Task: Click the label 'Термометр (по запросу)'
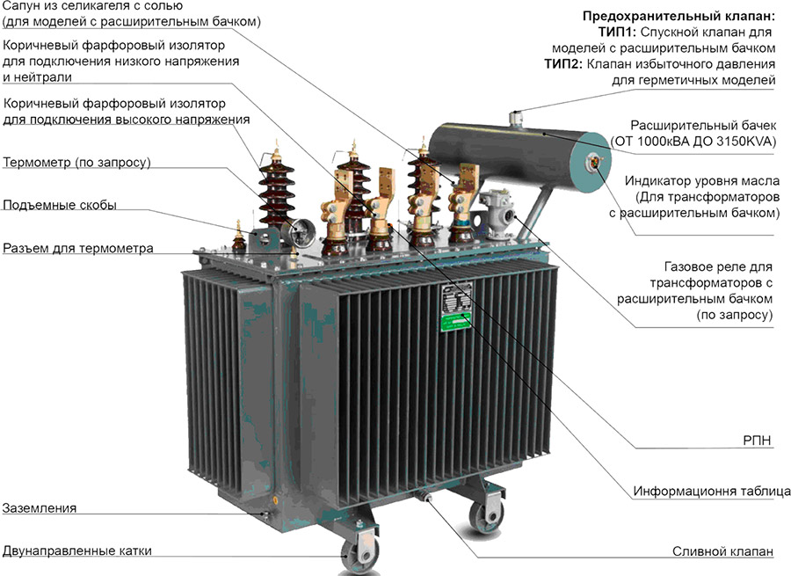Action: pos(77,163)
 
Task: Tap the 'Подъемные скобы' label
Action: pos(60,205)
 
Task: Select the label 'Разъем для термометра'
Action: pos(78,248)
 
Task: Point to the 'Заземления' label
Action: pos(40,508)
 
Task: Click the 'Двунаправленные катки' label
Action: pos(77,550)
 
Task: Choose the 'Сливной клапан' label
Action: pos(722,551)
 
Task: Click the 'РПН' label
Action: pos(758,441)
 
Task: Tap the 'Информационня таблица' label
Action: pos(712,492)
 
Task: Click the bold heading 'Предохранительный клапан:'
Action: pos(679,16)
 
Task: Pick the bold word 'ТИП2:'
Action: pos(563,64)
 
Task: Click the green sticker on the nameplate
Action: pos(455,322)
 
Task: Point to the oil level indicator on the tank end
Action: pos(592,162)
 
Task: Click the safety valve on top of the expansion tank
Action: pos(515,119)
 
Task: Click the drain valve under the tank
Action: pos(424,496)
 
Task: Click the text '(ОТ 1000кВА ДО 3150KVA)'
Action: pos(693,142)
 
